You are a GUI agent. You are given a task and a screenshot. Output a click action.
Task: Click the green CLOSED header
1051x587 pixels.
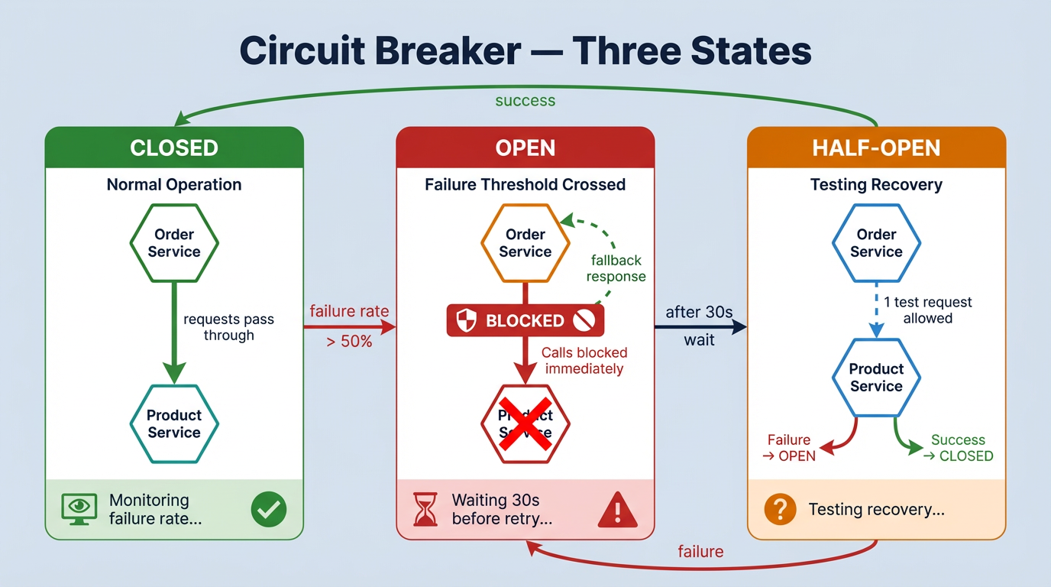(x=174, y=148)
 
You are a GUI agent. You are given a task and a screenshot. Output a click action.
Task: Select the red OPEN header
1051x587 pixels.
(x=525, y=148)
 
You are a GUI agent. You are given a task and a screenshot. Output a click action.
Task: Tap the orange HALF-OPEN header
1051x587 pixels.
(x=876, y=148)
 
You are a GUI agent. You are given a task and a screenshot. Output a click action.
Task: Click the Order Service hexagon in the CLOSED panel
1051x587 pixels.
(x=174, y=243)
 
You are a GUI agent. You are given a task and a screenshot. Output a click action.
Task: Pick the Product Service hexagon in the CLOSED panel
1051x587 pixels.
(x=174, y=423)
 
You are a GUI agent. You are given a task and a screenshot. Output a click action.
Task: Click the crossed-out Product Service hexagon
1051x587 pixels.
(x=525, y=423)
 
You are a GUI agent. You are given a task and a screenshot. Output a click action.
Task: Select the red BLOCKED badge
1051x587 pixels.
(x=525, y=321)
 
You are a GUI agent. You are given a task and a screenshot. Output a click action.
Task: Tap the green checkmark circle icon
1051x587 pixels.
(x=269, y=509)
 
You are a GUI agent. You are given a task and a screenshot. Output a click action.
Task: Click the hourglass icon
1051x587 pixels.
(x=425, y=509)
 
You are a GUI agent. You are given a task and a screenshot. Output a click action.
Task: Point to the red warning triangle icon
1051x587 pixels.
(x=617, y=510)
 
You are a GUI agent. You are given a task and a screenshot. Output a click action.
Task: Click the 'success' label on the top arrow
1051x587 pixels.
(x=525, y=101)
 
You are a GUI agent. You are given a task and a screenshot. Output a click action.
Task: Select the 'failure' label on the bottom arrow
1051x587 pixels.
(x=700, y=551)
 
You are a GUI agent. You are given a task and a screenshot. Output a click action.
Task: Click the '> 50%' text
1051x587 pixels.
(x=349, y=342)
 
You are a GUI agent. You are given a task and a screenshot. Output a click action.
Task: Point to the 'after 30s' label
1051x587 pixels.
(x=699, y=312)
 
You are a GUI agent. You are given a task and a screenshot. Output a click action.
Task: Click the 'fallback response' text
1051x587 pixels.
(x=616, y=268)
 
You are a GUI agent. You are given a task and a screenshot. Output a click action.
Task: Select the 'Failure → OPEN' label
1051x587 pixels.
(x=789, y=448)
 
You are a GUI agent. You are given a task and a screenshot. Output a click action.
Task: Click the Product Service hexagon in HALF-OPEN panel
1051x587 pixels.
(x=876, y=378)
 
